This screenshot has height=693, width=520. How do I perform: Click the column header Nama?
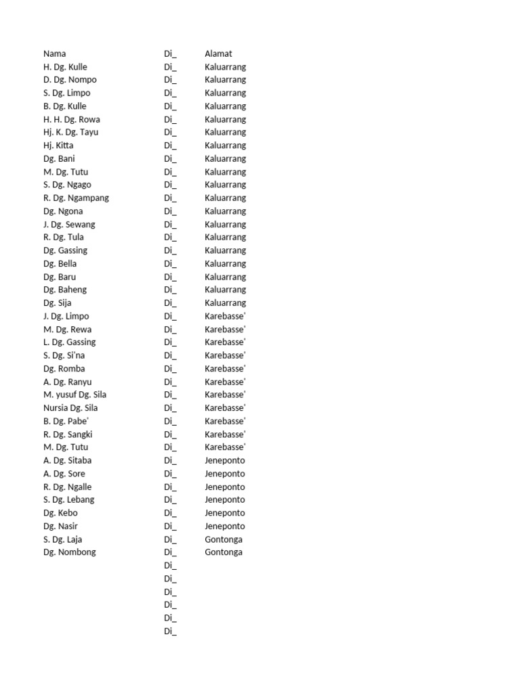pos(55,53)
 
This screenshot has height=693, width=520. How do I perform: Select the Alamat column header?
pos(218,53)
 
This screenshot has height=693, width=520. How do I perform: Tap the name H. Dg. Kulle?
pos(65,67)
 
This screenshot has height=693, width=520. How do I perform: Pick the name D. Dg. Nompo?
pos(70,80)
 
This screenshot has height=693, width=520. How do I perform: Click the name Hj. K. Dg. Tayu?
pos(70,132)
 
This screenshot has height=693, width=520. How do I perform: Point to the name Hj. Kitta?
pos(58,146)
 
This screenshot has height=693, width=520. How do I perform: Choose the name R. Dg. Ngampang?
pos(76,198)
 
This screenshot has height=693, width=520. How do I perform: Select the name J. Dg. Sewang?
pos(69,224)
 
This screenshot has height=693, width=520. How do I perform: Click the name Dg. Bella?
pos(60,264)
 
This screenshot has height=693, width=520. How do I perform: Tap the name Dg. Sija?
pos(57,303)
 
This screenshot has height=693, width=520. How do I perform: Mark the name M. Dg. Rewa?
pos(67,330)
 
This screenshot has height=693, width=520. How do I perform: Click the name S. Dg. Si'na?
pos(64,355)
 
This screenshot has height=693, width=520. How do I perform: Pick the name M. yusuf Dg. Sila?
pos(74,395)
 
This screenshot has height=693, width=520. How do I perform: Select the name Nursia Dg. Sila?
pos(70,408)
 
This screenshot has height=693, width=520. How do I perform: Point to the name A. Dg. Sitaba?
pos(67,460)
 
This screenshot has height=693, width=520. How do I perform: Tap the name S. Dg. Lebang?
pos(68,499)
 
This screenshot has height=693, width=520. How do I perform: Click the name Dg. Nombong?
pos(70,552)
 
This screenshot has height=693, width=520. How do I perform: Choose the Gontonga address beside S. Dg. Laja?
pos(223,539)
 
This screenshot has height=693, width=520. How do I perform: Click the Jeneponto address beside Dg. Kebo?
pos(225,513)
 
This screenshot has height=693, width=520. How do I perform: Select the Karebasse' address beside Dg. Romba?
pos(224,369)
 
